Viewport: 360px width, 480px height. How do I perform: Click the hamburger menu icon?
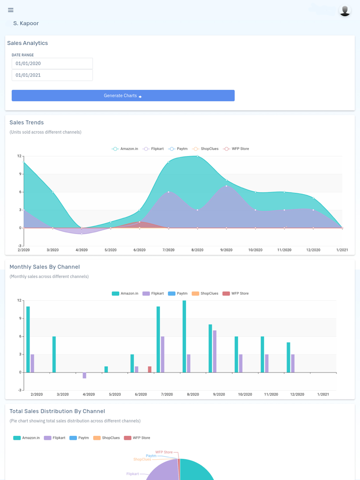11,10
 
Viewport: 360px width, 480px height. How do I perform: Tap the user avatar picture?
345,10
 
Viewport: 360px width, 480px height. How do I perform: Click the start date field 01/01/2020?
52,63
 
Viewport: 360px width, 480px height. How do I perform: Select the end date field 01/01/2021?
52,75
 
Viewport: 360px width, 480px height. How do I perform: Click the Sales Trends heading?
27,123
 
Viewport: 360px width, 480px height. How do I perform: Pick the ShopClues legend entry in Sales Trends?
206,149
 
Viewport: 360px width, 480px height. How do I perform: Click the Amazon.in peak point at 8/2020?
198,156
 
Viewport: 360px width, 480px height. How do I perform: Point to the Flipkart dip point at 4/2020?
82,234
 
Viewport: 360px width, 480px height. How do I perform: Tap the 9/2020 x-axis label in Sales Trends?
226,250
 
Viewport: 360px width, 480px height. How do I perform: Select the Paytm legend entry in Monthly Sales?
178,294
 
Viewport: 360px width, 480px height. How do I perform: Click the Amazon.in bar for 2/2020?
28,339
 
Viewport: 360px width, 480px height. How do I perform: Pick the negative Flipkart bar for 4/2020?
85,375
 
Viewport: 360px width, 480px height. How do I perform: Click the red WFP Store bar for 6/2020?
150,370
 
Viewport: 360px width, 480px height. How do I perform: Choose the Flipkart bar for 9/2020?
215,351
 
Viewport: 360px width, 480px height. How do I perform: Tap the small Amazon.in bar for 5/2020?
106,370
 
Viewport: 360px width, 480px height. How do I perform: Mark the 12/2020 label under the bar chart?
297,395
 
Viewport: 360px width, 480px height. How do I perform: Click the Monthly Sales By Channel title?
45,267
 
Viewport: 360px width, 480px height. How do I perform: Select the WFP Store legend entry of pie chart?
137,438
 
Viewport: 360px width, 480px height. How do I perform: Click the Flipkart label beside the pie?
132,474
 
